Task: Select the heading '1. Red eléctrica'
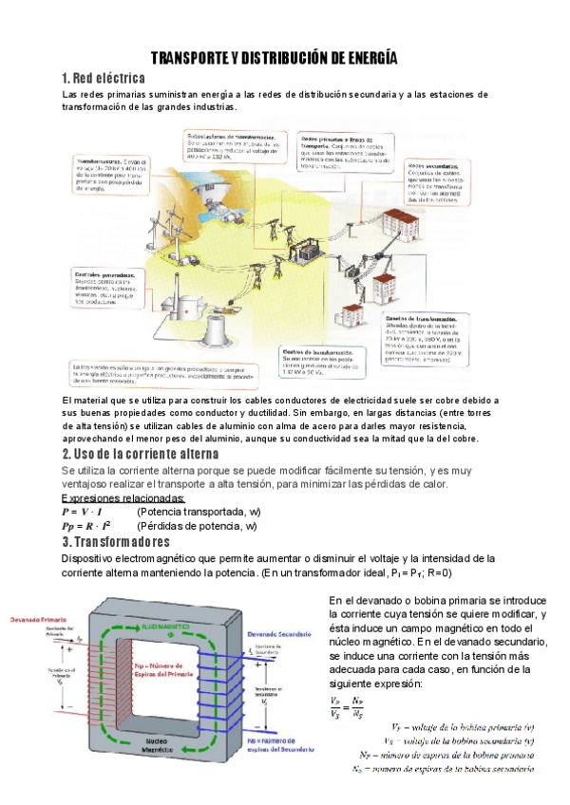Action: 103,78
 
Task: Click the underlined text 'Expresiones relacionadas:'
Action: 123,499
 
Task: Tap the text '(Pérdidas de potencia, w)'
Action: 197,525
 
